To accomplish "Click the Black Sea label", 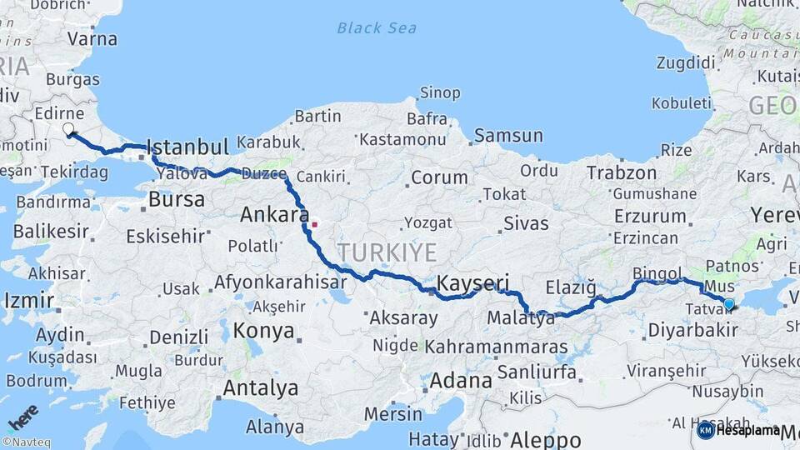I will coord(377,28).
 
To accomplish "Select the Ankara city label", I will coord(274,215).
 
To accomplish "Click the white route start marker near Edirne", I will coord(68,129).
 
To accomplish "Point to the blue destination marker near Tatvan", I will coord(729,304).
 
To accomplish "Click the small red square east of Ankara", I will coord(314,223).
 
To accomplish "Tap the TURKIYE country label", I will coord(387,252).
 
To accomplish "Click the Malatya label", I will coord(521,318).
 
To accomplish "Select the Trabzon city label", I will coord(622,172).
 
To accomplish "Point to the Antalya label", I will coord(260,388).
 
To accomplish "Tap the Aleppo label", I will coord(545,439).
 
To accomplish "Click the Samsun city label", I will coord(508,135).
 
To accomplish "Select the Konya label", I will coord(263,331).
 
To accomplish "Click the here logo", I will coord(23,417).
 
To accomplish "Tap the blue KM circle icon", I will coord(705,430).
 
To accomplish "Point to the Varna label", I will coord(92,37).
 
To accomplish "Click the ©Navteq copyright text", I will coord(27,442).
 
